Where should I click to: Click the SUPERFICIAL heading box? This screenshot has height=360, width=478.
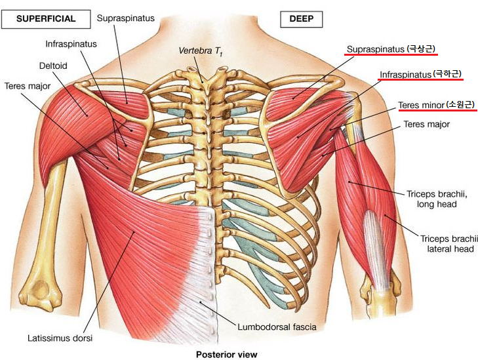point(46,19)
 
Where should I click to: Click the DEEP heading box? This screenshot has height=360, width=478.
point(301,19)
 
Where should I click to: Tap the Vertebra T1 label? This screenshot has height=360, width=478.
point(201,51)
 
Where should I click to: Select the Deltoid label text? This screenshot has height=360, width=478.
point(53,66)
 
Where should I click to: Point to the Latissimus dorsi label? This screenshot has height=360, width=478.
point(60,338)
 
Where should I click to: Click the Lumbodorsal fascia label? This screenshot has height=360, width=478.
point(277,327)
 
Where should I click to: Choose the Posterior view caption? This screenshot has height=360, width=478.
point(226,355)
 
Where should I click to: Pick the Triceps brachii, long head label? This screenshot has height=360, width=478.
point(437,199)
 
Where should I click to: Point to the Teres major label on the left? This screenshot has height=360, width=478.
point(28,87)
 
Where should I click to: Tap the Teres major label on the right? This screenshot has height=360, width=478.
point(426,125)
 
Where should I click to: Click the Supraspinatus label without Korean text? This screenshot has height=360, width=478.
point(126,18)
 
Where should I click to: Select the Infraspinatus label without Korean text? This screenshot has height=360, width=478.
point(71,44)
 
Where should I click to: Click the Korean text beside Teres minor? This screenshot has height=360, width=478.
point(460,105)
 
